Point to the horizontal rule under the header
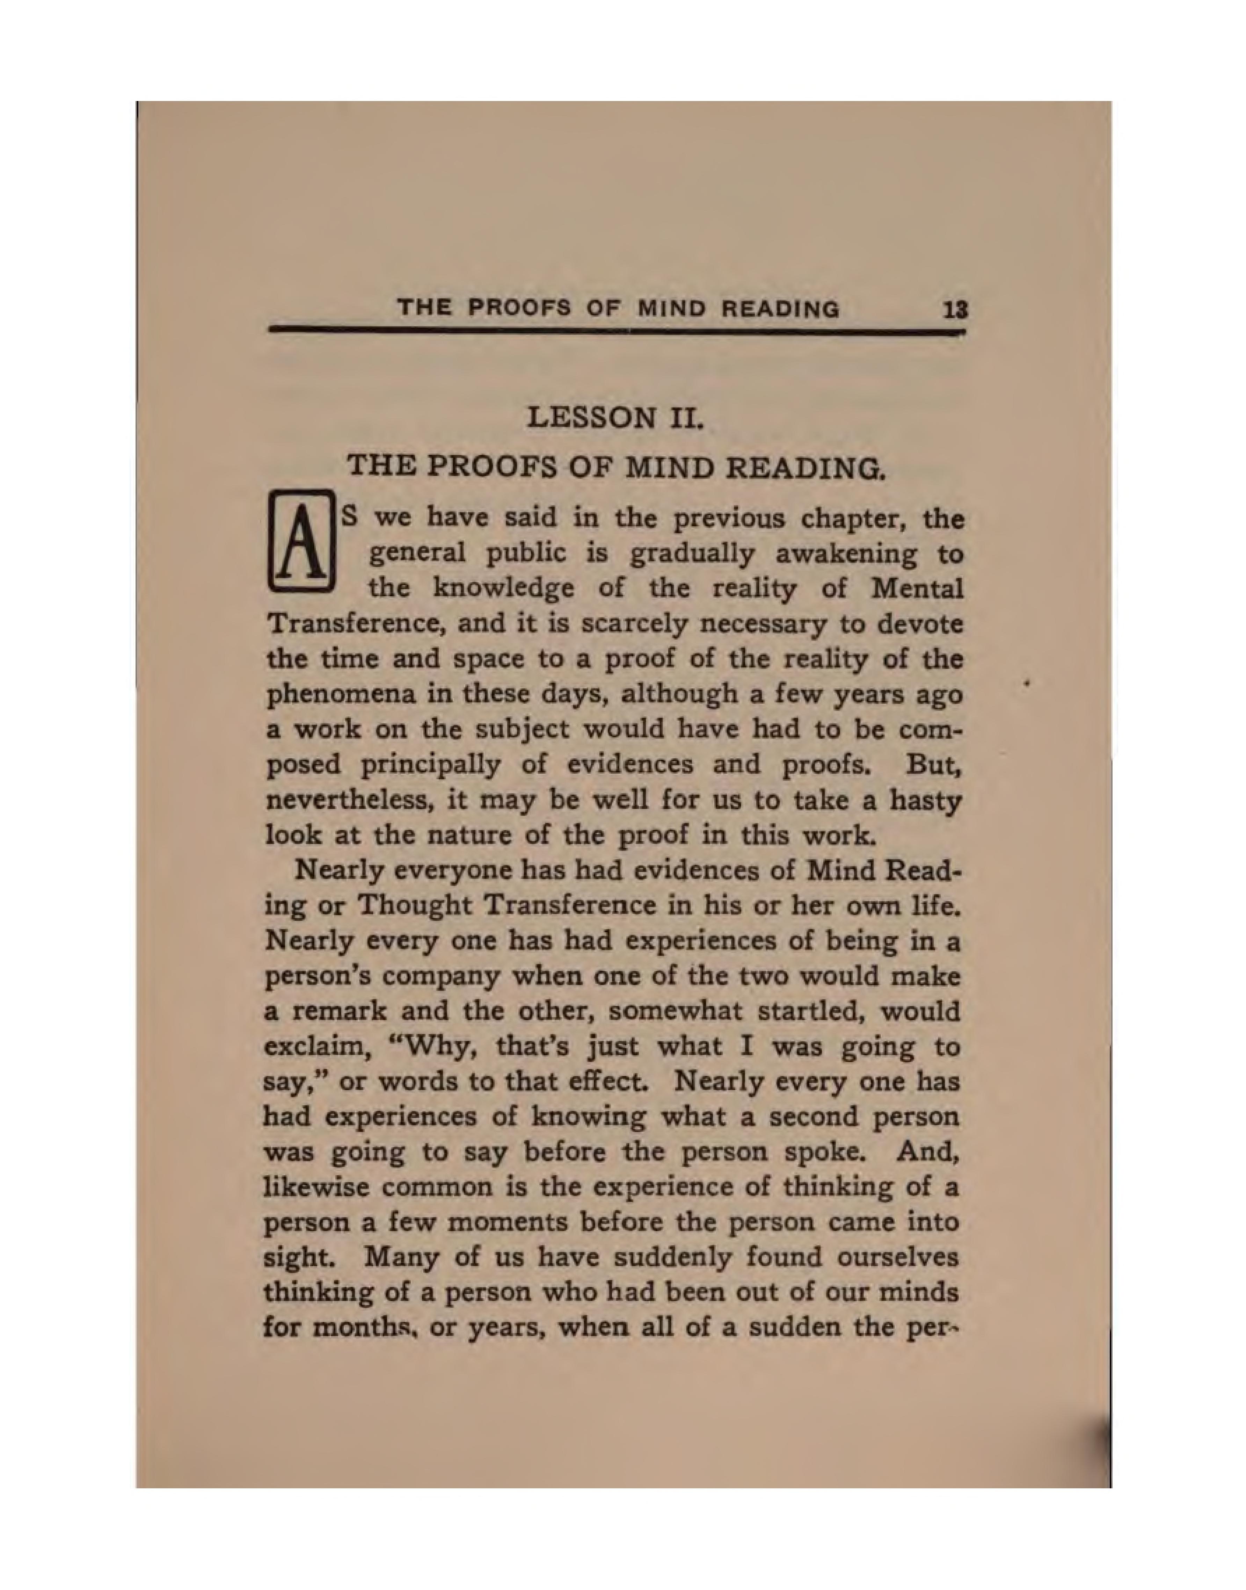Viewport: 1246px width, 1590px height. pos(617,332)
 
